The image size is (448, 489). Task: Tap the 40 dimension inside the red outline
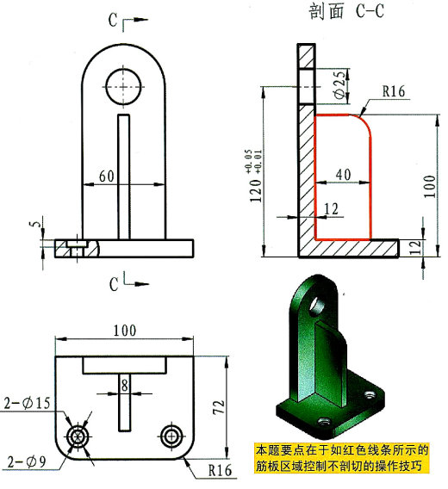coord(342,174)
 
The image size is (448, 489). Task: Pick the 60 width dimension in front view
coord(107,176)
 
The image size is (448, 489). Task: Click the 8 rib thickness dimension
coord(124,384)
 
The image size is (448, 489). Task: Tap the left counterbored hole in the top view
coord(80,436)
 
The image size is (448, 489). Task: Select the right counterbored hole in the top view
coord(170,436)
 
